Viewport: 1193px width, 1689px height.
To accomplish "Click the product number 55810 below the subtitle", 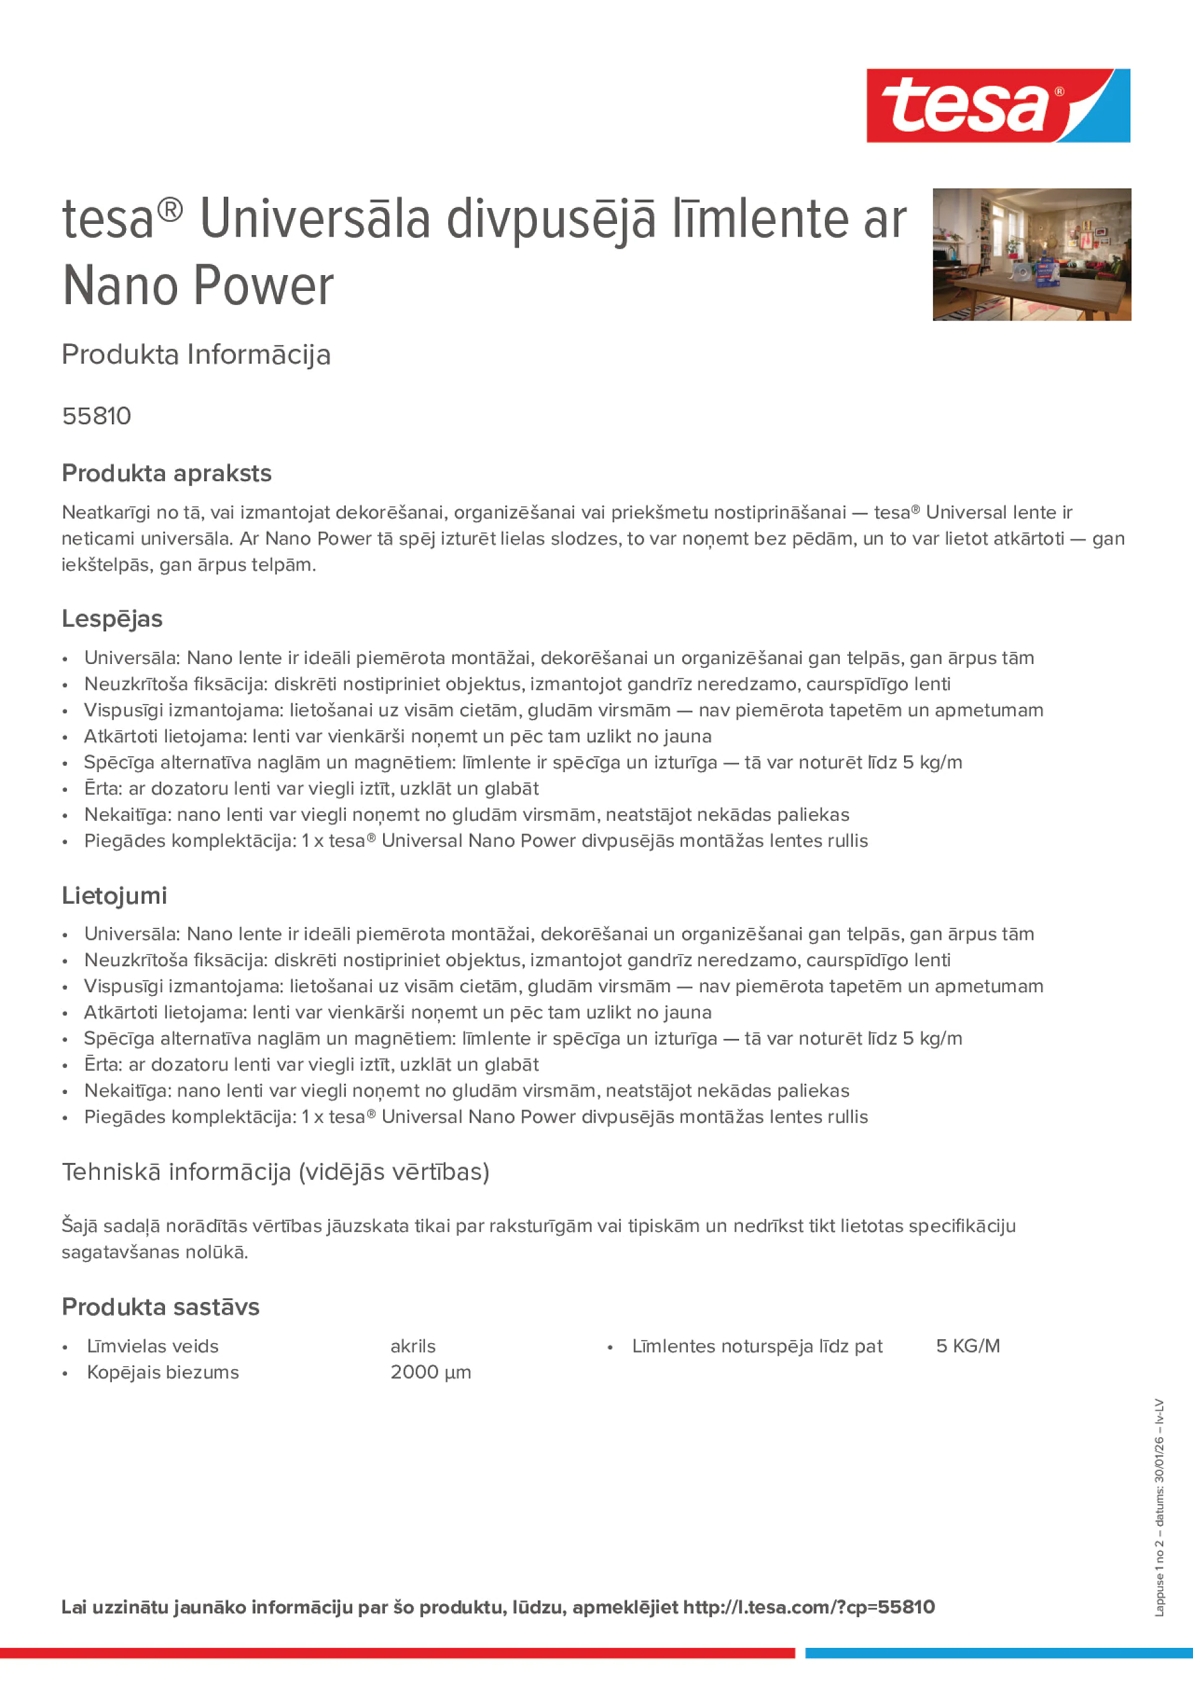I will pos(96,416).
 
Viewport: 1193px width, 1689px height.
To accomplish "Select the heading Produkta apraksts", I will pos(166,473).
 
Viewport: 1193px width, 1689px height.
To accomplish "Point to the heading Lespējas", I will pos(112,618).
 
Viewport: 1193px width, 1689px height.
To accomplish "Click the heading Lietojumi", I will pos(114,895).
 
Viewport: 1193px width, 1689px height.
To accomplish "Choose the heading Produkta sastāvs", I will pos(161,1306).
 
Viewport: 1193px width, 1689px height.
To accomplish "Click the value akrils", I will pos(413,1346).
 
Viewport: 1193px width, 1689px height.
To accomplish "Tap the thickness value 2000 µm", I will pos(431,1372).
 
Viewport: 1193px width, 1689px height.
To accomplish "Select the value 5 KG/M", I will pos(967,1346).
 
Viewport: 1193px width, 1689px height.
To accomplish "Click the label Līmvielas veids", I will pos(152,1346).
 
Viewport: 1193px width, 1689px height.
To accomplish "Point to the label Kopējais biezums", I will pos(162,1372).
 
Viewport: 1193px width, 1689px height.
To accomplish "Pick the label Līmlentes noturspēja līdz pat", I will pos(757,1346).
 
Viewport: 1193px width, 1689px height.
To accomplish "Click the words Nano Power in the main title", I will pos(198,286).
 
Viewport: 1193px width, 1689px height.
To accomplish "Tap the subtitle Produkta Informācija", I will pos(195,355).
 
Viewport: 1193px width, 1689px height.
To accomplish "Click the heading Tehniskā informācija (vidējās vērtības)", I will pos(275,1171).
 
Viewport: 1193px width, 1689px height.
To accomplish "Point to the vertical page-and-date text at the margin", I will pos(1159,1508).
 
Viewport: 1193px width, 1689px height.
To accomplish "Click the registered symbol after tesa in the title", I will pos(170,211).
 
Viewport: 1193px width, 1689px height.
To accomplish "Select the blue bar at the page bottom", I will pos(998,1653).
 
